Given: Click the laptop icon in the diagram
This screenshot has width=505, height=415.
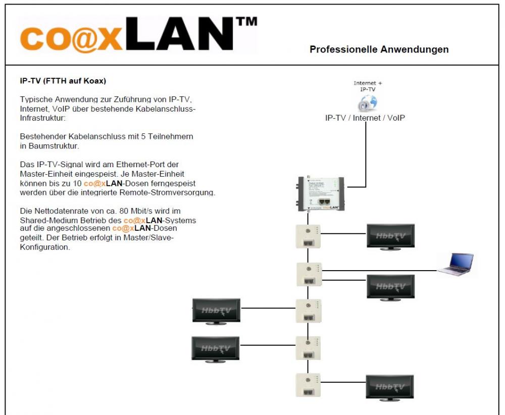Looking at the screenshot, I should pos(456,264).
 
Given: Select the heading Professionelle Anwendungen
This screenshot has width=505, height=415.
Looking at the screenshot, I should pos(379,49).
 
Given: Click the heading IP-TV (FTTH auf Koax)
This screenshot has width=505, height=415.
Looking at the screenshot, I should pos(63,81).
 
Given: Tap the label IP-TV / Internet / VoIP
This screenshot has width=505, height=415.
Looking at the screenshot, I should pos(365,118).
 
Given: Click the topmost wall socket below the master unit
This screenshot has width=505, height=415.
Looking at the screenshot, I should pos(308,236).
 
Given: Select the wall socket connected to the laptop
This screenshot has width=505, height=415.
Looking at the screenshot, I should pos(308,274).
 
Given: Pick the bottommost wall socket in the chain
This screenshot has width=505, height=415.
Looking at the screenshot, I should pos(308,385).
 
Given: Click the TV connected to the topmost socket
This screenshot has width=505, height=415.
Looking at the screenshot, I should pos(390,236).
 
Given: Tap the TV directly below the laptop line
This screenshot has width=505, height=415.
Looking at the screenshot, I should pos(390,287).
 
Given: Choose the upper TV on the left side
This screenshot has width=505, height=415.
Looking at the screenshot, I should pos(216,310).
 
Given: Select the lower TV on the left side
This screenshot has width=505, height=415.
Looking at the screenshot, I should pos(215,348).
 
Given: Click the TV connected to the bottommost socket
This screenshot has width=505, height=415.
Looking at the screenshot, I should pos(390,387).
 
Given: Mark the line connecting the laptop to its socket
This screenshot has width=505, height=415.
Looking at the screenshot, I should pos(379,271).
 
